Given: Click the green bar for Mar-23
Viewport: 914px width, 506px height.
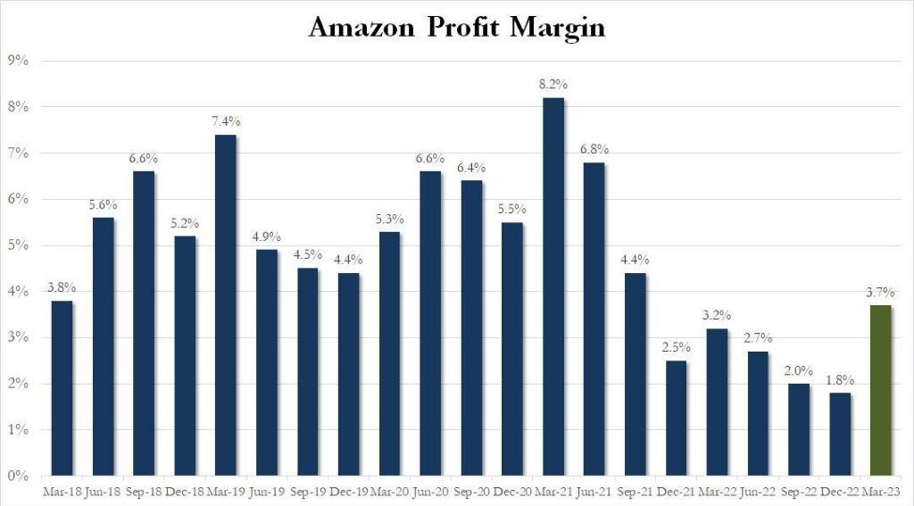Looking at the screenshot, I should [x=880, y=390].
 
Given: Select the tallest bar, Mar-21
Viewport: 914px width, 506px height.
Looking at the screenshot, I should [x=553, y=286].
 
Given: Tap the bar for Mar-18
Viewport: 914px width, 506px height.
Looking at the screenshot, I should [x=62, y=388].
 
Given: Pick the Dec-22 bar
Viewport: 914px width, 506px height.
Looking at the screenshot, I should [x=839, y=434].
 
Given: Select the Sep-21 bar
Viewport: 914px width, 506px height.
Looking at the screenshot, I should [x=636, y=374].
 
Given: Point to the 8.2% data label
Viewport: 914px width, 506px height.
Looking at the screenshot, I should [x=553, y=84].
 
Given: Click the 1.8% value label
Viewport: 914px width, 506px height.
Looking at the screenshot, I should [x=839, y=379].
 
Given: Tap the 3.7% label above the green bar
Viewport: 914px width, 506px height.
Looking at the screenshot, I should [x=880, y=292].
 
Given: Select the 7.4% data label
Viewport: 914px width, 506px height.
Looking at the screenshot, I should [x=226, y=121].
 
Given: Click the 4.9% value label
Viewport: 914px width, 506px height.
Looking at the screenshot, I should [x=267, y=236].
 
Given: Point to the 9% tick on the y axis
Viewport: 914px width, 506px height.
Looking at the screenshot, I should [x=19, y=61].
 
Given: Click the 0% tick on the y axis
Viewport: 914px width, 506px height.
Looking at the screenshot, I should [x=19, y=476].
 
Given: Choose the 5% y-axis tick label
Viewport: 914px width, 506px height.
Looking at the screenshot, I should [x=19, y=245].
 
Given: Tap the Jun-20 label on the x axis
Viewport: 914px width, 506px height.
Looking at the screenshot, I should [x=430, y=491].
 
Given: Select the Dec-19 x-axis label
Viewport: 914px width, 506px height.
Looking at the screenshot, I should [x=348, y=491].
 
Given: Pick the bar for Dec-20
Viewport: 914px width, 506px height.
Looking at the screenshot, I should [x=512, y=349].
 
